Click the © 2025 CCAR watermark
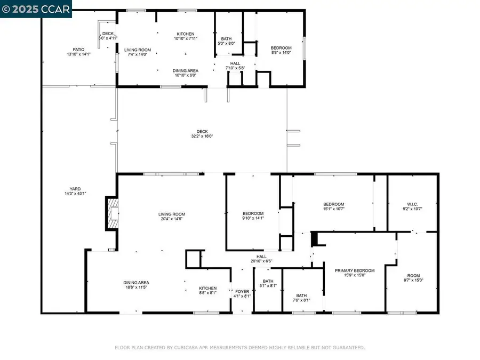point(35,9)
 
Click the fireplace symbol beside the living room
point(111,214)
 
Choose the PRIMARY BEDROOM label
point(355,270)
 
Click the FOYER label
point(242,291)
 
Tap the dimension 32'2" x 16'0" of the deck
point(202,136)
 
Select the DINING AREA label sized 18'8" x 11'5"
point(137,283)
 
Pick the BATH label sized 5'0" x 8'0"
point(226,38)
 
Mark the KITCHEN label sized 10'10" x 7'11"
point(186,34)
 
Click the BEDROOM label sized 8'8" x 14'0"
point(281,47)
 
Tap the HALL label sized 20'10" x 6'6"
point(261,257)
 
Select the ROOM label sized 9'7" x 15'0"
point(414,276)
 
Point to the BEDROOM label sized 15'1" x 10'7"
point(334,204)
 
